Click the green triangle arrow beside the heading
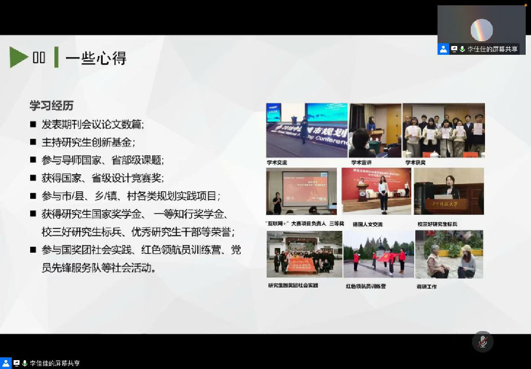[x=19, y=57]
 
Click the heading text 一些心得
[x=96, y=58]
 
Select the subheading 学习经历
[x=52, y=106]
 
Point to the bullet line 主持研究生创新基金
[x=88, y=142]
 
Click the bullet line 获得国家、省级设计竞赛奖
[x=103, y=178]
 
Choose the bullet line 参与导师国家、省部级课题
[x=103, y=160]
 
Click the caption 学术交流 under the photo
[x=277, y=162]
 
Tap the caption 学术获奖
[x=414, y=162]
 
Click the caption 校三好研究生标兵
[x=437, y=224]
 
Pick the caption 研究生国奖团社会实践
[x=293, y=285]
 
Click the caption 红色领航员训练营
[x=366, y=286]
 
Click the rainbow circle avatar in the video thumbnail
[x=481, y=30]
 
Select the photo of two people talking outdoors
[x=449, y=254]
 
